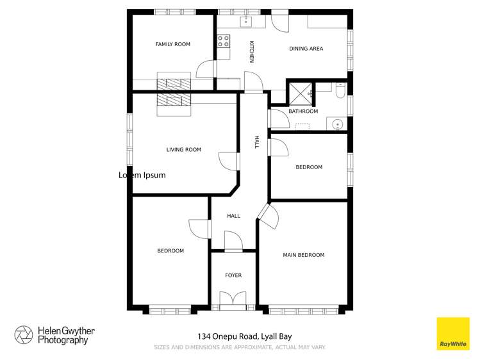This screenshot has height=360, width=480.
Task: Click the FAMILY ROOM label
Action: click(x=173, y=44)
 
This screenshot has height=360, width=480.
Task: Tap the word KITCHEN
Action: click(x=252, y=52)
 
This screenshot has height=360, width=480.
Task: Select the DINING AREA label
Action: click(x=306, y=49)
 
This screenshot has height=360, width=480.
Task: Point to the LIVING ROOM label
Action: click(x=184, y=149)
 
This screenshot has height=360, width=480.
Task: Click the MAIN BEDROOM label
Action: click(x=304, y=255)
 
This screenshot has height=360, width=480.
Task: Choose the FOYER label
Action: click(x=233, y=275)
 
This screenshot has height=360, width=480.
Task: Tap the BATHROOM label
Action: click(x=303, y=111)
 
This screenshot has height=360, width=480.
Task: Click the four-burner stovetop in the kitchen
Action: click(x=224, y=41)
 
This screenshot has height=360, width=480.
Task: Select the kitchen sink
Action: click(x=246, y=21)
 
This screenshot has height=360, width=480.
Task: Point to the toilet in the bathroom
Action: click(x=340, y=90)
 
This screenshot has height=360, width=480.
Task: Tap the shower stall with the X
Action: click(x=301, y=94)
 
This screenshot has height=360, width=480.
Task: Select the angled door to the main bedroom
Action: click(x=269, y=217)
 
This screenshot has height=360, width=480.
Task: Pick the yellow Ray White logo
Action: click(x=452, y=334)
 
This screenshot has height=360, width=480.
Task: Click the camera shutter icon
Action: click(x=24, y=335)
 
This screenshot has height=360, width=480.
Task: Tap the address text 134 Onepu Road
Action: click(x=228, y=336)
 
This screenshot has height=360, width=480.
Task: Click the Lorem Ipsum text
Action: click(x=142, y=176)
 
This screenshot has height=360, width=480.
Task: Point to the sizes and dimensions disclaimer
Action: click(x=240, y=347)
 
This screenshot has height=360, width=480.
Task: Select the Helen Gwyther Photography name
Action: click(x=66, y=336)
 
